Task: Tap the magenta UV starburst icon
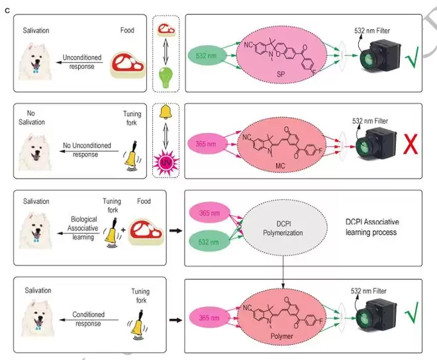164,161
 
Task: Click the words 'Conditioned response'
79,320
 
